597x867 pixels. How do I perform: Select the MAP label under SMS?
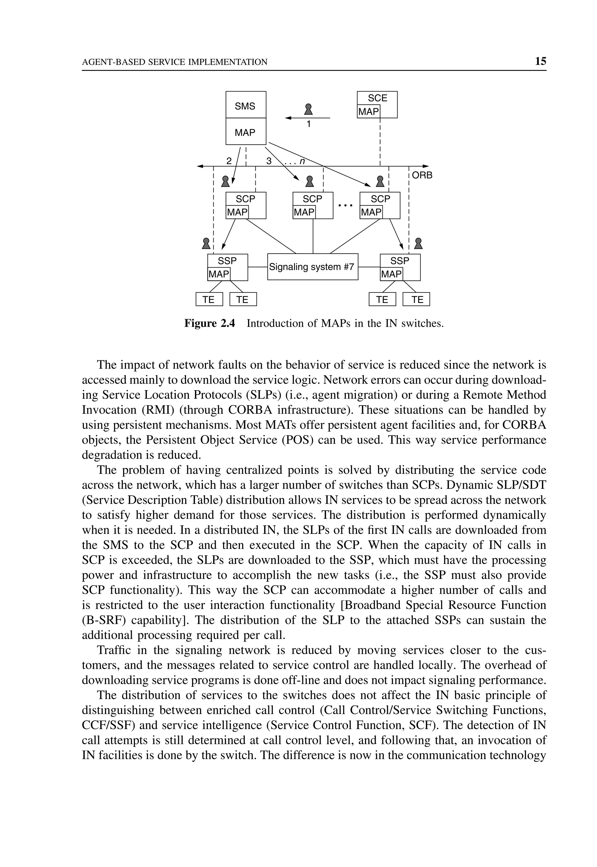[x=245, y=132]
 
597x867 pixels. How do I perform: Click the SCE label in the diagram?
[x=377, y=98]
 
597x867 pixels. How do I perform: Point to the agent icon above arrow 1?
[x=308, y=109]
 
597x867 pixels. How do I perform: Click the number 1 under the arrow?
[x=309, y=124]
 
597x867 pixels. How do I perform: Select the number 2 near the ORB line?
[x=229, y=161]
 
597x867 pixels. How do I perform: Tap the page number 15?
[x=540, y=61]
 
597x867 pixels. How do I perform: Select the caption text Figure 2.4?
[x=210, y=324]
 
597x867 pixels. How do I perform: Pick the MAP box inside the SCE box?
[x=368, y=111]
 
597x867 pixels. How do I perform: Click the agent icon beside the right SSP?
[x=419, y=243]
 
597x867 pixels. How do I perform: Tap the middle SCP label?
[x=312, y=199]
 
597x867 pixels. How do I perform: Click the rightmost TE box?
[x=416, y=300]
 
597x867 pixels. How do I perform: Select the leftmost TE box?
[x=209, y=300]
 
